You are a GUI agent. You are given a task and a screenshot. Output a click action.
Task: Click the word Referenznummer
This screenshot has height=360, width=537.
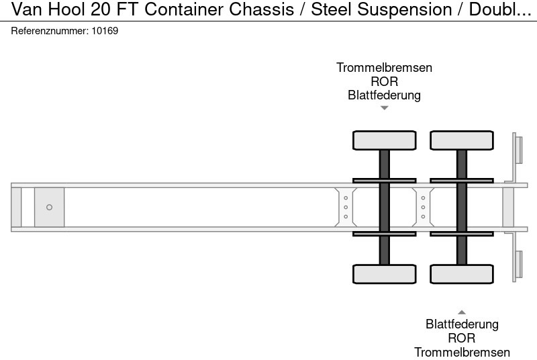pos(48,31)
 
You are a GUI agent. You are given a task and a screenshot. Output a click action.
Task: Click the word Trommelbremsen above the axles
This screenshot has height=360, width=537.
pos(384,68)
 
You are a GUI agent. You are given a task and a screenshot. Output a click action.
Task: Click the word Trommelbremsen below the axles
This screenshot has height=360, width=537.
pos(462,353)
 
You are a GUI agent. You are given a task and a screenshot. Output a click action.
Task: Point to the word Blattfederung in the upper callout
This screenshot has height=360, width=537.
pos(384,95)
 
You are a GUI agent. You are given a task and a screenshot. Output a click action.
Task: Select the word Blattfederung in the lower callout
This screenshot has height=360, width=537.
pos(462,324)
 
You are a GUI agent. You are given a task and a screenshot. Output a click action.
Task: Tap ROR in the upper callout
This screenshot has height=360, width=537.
pos(384,82)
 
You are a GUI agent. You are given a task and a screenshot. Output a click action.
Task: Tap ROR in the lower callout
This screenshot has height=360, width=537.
pos(462,339)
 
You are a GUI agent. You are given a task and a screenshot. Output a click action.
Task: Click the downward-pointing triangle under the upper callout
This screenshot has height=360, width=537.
pos(384,107)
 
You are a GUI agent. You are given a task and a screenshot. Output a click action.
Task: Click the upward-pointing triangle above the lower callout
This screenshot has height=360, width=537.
pos(462,312)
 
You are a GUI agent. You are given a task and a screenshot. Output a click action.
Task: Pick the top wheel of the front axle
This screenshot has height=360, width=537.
pos(385,140)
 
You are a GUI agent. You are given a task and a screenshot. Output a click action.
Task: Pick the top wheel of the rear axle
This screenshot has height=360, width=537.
pos(462,140)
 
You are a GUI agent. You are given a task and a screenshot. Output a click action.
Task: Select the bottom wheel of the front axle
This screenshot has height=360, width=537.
pos(385,274)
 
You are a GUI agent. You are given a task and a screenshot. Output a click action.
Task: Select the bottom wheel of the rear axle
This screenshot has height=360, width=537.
pos(462,274)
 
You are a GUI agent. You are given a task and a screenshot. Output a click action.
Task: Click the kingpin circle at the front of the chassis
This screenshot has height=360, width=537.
pos(49,208)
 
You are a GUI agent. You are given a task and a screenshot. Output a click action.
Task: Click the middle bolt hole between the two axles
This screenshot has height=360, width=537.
pos(423,208)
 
